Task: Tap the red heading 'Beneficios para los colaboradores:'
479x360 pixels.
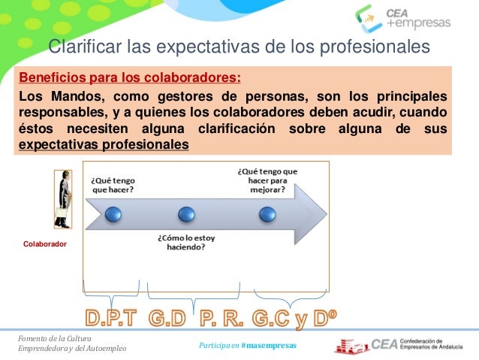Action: tap(130, 77)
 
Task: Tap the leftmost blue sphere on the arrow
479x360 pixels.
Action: tap(113, 215)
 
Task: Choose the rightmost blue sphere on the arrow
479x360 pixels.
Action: tap(267, 215)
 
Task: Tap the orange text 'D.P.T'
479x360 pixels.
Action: tap(110, 319)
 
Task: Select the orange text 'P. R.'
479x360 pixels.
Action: tap(222, 319)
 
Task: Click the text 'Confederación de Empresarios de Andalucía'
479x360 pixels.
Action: tap(438, 343)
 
